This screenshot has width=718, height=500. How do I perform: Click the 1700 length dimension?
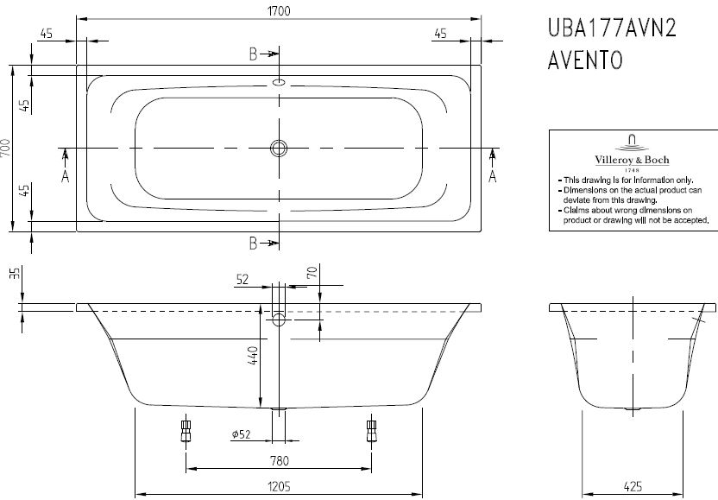[x=279, y=10]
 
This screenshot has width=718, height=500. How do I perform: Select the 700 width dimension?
[x=5, y=148]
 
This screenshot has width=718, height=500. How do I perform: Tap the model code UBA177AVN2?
[x=612, y=28]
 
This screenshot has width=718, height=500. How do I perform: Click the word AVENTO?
[x=585, y=60]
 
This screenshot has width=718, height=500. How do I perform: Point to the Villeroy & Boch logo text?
[x=632, y=160]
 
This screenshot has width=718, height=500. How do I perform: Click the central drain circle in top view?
[x=279, y=148]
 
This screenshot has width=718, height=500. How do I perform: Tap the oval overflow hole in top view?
[x=279, y=83]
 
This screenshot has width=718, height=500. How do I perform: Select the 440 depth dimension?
[x=253, y=356]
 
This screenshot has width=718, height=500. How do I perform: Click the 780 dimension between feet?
[x=279, y=460]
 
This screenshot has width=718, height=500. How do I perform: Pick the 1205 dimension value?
[x=279, y=486]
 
